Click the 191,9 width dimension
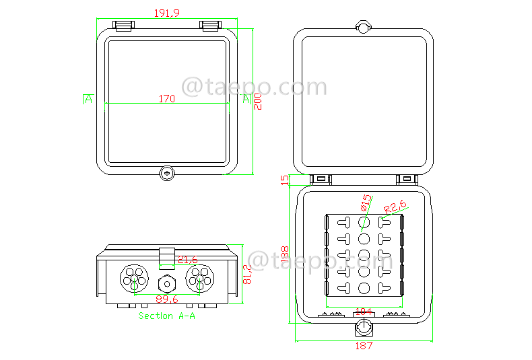click(166, 13)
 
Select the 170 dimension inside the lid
click(166, 99)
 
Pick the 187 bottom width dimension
click(363, 346)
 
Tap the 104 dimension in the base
click(364, 311)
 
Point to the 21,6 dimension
click(187, 260)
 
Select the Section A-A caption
click(166, 316)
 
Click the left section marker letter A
click(88, 100)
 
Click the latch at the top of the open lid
click(363, 26)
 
